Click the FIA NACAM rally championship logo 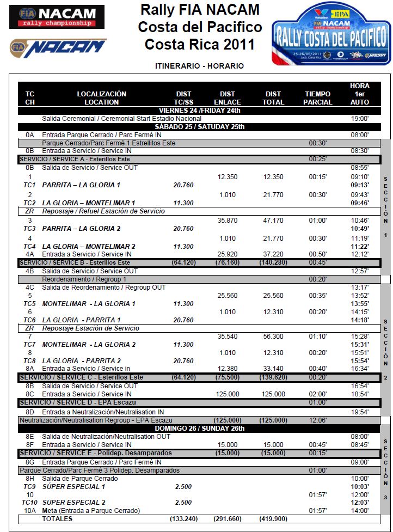click(57, 17)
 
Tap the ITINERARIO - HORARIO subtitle click(199, 66)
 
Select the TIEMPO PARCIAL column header click(317, 98)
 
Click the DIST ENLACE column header click(228, 98)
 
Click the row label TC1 click(30, 185)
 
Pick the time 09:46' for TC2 click(360, 203)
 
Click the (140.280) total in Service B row click(273, 262)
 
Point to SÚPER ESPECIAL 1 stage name click(73, 486)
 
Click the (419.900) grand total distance click(273, 519)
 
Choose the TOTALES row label click(57, 519)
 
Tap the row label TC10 click(30, 503)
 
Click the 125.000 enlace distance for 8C click(228, 394)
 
